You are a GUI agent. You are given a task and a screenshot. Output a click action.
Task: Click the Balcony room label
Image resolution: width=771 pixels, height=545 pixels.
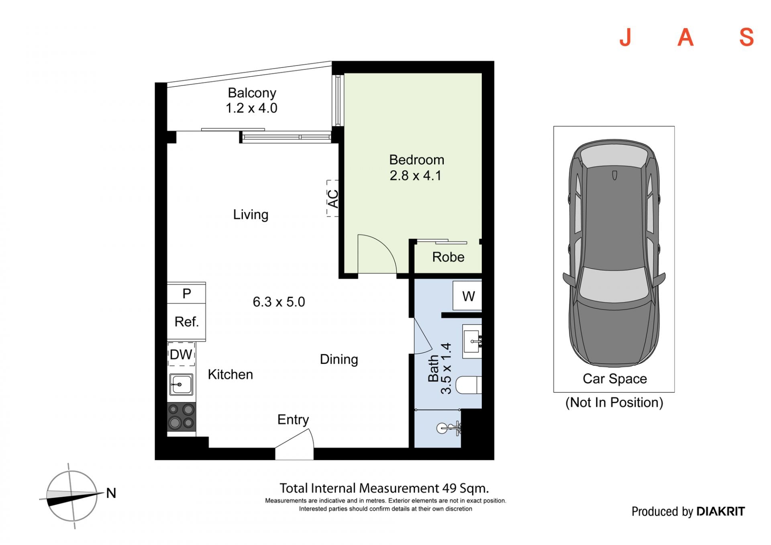click(252, 93)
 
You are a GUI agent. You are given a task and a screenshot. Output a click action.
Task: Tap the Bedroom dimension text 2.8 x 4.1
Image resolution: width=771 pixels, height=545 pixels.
click(416, 176)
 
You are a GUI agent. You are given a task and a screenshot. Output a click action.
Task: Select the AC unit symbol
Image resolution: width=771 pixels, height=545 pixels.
click(332, 198)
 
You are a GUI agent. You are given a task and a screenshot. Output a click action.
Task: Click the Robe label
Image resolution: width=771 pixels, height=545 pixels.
click(448, 257)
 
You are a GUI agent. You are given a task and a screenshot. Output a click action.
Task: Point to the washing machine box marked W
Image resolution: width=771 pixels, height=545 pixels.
click(467, 296)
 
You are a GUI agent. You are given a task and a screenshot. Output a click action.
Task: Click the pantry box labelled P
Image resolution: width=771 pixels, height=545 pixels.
click(186, 294)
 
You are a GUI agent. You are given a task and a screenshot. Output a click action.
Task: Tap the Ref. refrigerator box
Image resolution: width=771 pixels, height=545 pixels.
click(186, 322)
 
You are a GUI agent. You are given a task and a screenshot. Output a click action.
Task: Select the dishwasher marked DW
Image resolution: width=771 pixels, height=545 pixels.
click(181, 354)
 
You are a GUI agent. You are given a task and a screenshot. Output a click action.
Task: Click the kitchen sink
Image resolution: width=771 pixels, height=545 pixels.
click(181, 384)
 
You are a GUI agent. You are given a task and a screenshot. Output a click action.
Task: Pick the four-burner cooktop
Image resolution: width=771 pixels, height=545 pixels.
click(181, 416)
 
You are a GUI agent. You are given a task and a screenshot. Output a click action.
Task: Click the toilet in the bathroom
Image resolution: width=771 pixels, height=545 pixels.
click(469, 385)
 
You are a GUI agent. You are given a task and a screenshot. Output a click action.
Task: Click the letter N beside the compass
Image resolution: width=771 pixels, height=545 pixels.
click(111, 493)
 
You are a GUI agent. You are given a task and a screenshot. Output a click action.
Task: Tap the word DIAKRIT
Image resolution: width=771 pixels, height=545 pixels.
click(720, 511)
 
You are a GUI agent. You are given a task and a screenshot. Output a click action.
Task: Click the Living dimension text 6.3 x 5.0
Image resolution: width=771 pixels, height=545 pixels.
click(279, 302)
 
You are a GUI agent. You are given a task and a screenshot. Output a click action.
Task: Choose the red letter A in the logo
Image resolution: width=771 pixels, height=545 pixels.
click(685, 37)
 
